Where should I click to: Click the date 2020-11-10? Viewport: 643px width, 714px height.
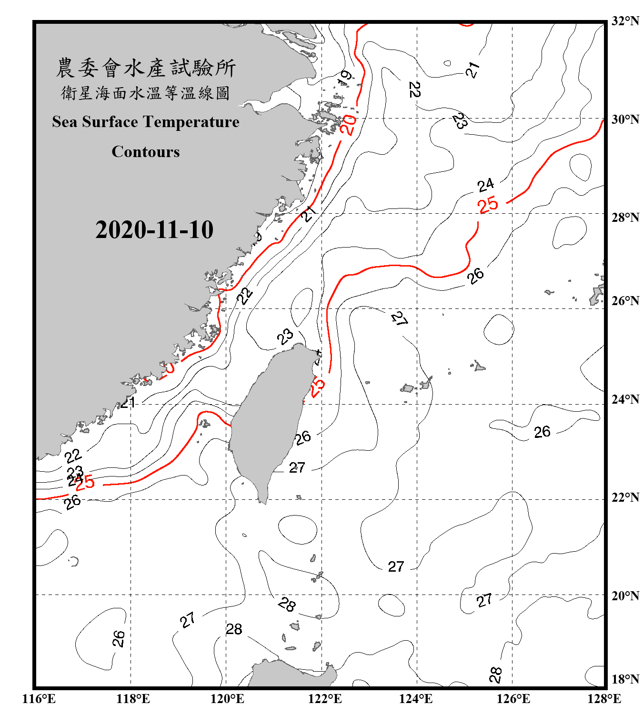tap(154, 230)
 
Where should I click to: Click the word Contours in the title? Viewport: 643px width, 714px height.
tap(146, 152)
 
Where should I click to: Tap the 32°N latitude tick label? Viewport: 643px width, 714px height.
tap(625, 21)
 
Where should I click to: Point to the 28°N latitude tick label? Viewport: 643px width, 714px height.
tap(625, 218)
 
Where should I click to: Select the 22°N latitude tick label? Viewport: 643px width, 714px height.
tap(625, 497)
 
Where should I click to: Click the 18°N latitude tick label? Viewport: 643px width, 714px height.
tap(625, 679)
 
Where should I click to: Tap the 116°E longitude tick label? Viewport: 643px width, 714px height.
tap(39, 699)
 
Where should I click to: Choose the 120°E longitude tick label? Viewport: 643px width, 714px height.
tap(227, 699)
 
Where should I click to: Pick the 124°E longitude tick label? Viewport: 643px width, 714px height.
tap(416, 699)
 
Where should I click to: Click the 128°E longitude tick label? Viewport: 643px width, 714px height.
tap(604, 699)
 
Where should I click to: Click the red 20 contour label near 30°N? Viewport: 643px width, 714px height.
tap(349, 125)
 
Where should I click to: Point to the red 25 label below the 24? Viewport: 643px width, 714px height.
tap(488, 205)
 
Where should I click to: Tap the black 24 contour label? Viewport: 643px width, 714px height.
tap(486, 185)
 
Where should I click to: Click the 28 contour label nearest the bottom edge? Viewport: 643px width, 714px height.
tap(495, 674)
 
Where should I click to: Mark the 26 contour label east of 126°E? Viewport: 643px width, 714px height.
tap(542, 432)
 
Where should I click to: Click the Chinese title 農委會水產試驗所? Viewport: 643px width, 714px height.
tap(146, 68)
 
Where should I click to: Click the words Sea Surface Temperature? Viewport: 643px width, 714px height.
tap(146, 122)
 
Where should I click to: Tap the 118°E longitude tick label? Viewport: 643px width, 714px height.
tap(133, 699)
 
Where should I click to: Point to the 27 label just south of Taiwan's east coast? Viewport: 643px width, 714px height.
tap(297, 467)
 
